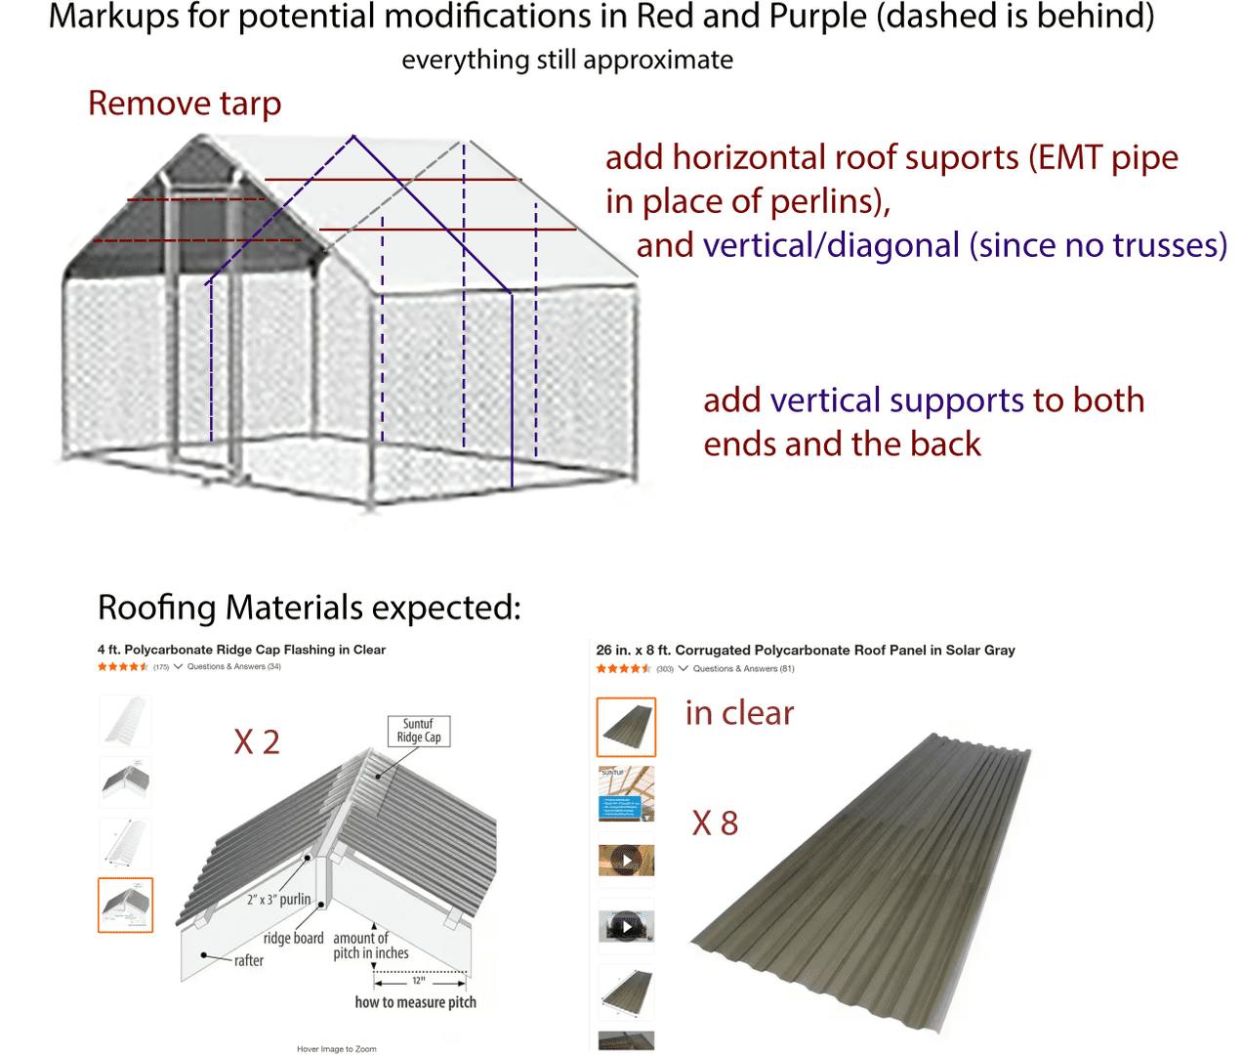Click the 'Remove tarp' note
click(185, 104)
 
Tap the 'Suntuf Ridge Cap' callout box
click(418, 731)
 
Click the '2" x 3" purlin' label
click(278, 899)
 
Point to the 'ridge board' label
click(293, 938)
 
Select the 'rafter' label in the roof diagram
click(248, 960)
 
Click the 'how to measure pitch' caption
click(415, 1001)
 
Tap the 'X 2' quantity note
click(257, 742)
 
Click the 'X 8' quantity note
click(715, 823)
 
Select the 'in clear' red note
click(739, 713)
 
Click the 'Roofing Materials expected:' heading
click(310, 608)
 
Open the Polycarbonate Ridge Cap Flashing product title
click(241, 650)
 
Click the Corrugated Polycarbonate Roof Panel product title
click(806, 650)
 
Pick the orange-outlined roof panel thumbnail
click(626, 727)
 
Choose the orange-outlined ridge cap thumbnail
click(125, 905)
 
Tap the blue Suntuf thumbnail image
click(626, 794)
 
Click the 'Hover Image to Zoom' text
click(336, 1049)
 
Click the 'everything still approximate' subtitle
click(566, 61)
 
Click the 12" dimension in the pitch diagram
click(417, 981)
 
